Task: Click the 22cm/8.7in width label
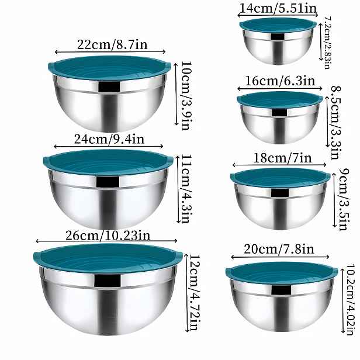pyautogui.click(x=112, y=44)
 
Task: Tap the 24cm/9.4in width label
pyautogui.click(x=109, y=139)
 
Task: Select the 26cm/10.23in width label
pyautogui.click(x=108, y=236)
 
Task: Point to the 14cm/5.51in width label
pyautogui.click(x=278, y=9)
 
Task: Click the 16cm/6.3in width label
pyautogui.click(x=280, y=81)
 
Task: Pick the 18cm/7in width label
pyautogui.click(x=282, y=158)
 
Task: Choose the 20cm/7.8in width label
pyautogui.click(x=279, y=249)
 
